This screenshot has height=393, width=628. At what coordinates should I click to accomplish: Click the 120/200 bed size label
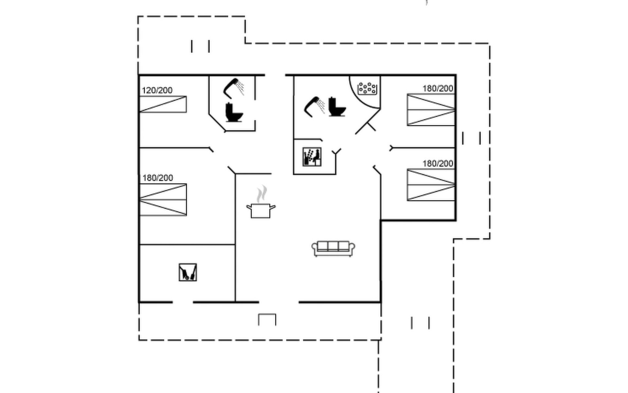[x=157, y=90]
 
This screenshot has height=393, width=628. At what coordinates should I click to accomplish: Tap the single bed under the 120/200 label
[x=163, y=104]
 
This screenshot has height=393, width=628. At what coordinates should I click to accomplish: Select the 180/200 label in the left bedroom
[x=157, y=178]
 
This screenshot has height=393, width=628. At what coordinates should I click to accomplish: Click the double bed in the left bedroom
[x=163, y=199]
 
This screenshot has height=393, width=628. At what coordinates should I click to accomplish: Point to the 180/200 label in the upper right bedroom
[x=438, y=88]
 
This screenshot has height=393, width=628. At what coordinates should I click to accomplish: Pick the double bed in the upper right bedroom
[x=431, y=110]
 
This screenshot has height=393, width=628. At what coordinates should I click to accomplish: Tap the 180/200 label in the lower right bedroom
[x=438, y=163]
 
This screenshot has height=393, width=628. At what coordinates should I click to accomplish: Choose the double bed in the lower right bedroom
[x=431, y=184]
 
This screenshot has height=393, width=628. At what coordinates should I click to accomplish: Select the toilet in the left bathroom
[x=234, y=113]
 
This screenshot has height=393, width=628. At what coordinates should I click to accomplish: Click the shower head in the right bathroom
[x=314, y=106]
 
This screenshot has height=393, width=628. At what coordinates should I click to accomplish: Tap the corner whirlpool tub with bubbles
[x=367, y=88]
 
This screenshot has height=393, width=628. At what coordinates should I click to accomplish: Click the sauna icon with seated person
[x=312, y=157]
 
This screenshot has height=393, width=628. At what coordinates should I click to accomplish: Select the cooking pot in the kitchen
[x=261, y=210]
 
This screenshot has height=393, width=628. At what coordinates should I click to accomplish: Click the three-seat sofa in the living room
[x=333, y=249]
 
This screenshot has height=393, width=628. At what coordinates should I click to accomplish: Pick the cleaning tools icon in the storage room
[x=188, y=272]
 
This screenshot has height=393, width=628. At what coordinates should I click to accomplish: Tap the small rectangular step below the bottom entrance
[x=267, y=319]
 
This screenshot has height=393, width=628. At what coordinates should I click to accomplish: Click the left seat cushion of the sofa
[x=323, y=246]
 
